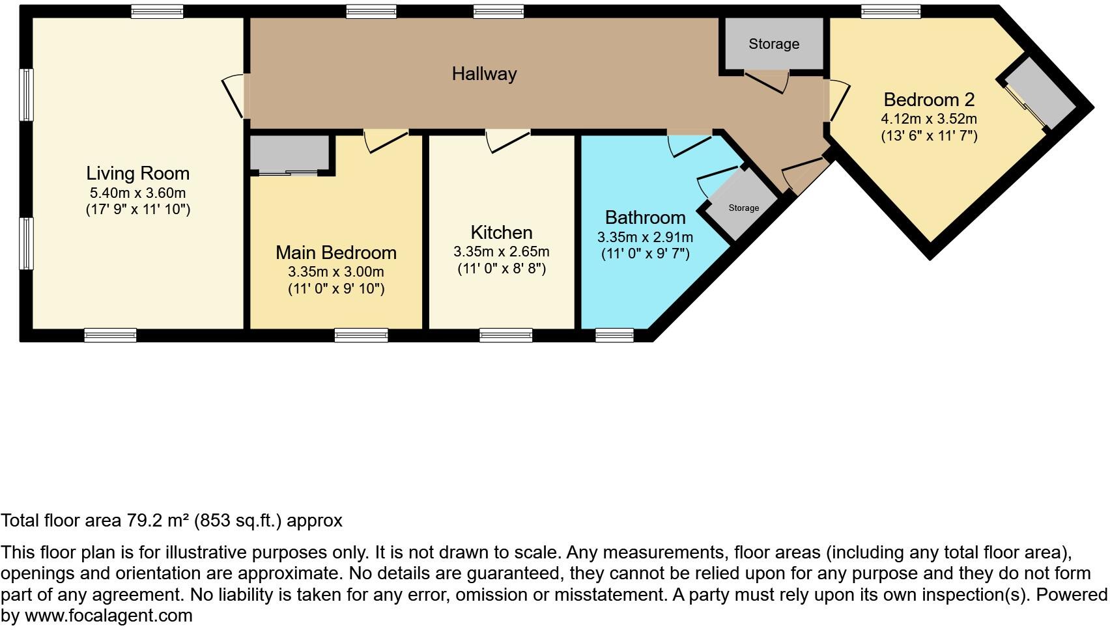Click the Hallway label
point(484,74)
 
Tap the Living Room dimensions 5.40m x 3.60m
point(137,193)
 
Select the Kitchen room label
point(501,232)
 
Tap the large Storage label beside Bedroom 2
point(773,44)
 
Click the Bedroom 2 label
point(928,100)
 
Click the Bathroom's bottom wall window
point(614,335)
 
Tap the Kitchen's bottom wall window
point(505,335)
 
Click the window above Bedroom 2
point(890,10)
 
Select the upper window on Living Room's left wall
point(26,95)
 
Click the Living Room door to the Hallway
point(236,96)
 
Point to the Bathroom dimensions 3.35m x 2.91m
point(645,238)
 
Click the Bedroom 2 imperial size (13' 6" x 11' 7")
point(929,136)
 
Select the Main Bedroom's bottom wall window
point(361,335)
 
